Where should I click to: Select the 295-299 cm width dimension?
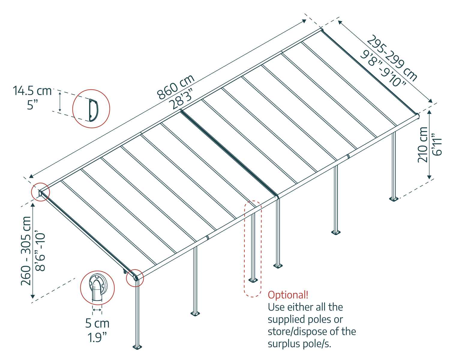click(x=392, y=58)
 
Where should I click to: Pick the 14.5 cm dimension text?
click(x=32, y=91)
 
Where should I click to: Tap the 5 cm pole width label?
click(x=97, y=323)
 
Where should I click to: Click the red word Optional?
click(x=288, y=295)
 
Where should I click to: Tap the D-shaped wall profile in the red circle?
click(x=93, y=110)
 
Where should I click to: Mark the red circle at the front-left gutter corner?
click(x=135, y=278)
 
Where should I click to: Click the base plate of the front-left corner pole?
click(x=138, y=347)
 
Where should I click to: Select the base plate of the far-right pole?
click(x=393, y=199)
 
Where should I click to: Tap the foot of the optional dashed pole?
click(x=253, y=280)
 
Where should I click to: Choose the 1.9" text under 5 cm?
click(x=97, y=337)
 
